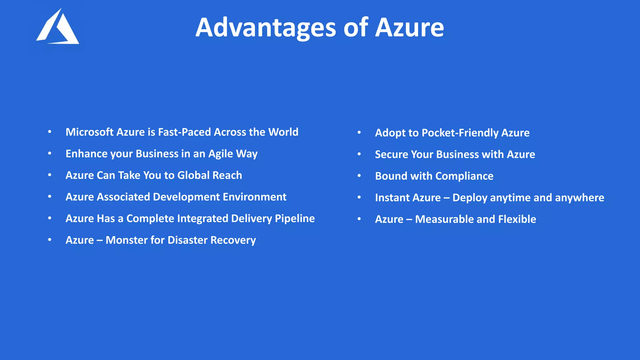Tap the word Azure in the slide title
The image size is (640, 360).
tap(409, 27)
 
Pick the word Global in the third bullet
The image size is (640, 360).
tap(193, 175)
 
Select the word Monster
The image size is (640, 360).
tap(127, 240)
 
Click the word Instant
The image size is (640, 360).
tap(392, 197)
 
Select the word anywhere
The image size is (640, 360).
tap(579, 198)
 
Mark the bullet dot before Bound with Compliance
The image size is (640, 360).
tap(359, 176)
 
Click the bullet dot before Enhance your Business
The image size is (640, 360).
tap(50, 153)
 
